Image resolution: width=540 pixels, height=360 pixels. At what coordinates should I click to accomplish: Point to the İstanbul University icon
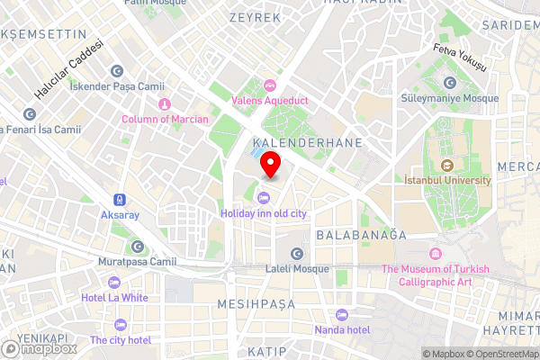pos(447,166)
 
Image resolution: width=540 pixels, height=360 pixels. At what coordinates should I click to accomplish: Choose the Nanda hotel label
pos(341,329)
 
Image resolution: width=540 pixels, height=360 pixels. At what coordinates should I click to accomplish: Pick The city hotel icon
pos(120,325)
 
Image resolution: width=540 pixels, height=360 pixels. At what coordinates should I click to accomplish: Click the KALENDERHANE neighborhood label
pos(307,143)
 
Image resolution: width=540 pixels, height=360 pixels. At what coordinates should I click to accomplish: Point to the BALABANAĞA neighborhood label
pos(361,234)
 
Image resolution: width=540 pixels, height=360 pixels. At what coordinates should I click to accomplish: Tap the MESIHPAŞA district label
pos(257,305)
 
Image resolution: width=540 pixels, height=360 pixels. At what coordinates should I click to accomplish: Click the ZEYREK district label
pos(256,17)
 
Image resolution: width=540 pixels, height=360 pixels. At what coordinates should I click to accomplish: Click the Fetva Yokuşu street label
pos(459,58)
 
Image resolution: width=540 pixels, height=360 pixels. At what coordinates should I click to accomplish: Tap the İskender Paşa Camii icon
pos(116,71)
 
